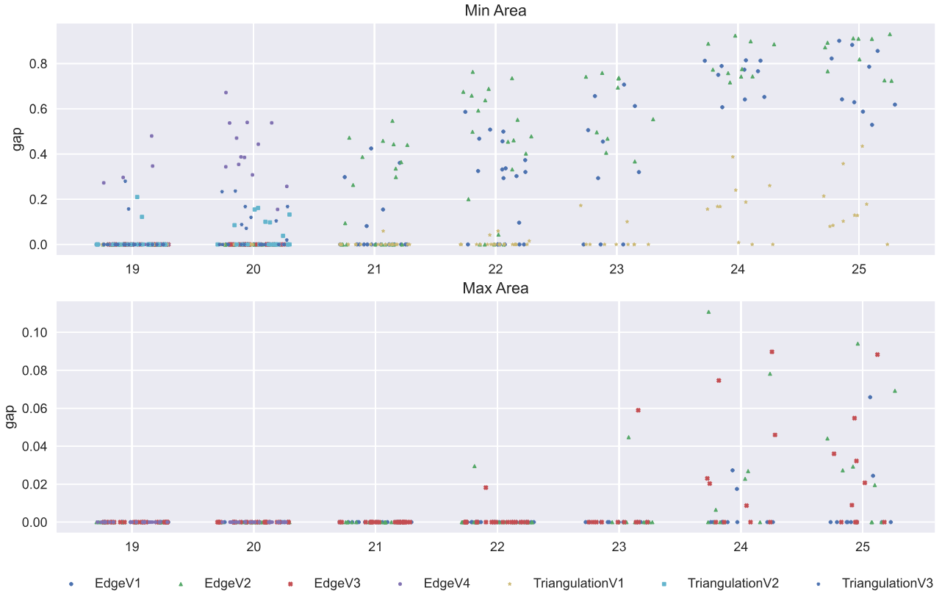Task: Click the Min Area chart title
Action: point(495,11)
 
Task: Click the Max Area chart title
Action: point(495,288)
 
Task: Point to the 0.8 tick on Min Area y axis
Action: point(37,64)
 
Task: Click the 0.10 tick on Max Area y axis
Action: point(33,333)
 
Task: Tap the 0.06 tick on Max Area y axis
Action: point(33,409)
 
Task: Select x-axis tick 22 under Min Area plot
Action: point(495,269)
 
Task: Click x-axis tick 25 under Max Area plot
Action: point(863,547)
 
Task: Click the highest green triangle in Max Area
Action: point(708,312)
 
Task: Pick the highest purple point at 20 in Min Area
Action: point(226,93)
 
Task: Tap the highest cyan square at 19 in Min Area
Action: point(137,197)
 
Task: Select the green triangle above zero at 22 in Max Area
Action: point(475,466)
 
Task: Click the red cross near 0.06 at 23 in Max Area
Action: point(638,411)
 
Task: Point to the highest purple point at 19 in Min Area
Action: point(151,136)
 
